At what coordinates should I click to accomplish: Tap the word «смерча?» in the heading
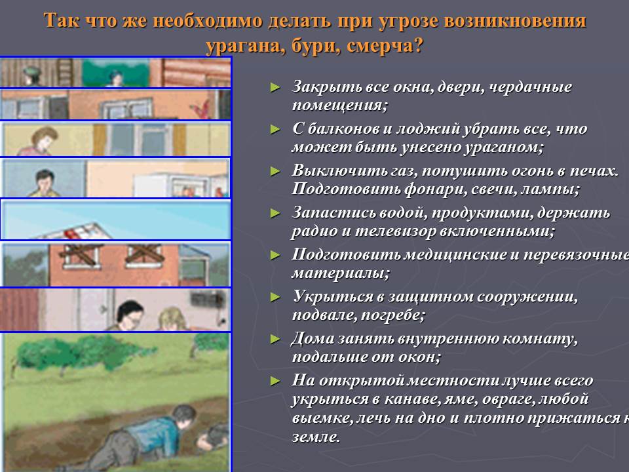[x=385, y=45]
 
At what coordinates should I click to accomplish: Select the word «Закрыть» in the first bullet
[x=320, y=87]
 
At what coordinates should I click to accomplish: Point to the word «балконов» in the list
[x=343, y=129]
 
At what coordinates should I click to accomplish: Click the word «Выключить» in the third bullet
[x=329, y=170]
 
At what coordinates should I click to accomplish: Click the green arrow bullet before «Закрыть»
[x=275, y=87]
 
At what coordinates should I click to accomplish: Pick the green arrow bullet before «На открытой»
[x=275, y=380]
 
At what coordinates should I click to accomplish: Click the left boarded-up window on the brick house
[x=81, y=255]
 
